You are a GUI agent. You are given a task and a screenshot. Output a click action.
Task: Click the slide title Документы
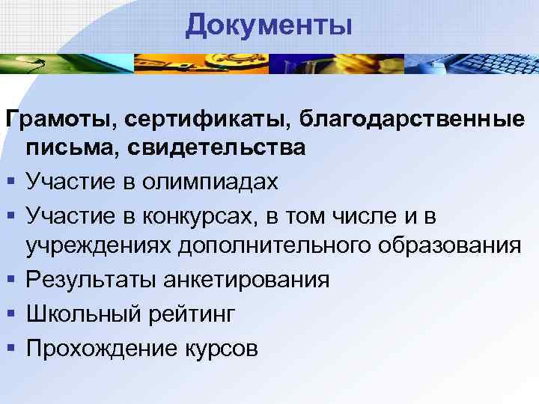click(269, 25)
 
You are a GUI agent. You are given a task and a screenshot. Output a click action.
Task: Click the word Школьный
click(82, 313)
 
